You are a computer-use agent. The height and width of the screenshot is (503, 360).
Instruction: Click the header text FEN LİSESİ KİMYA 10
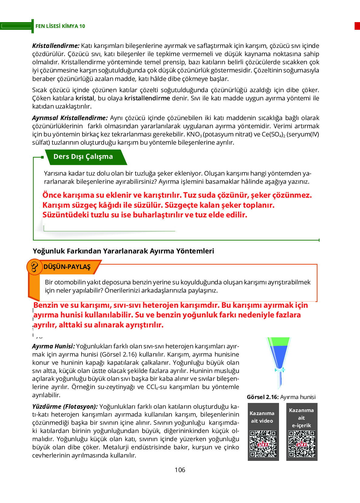point(60,26)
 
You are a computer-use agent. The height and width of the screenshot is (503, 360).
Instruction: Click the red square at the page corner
point(357,26)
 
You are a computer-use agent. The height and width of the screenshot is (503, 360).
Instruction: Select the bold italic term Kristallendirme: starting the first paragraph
point(56,46)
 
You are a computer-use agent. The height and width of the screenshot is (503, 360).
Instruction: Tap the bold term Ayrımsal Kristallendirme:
point(70,118)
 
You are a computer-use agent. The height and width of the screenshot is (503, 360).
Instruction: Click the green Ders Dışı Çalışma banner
point(83,157)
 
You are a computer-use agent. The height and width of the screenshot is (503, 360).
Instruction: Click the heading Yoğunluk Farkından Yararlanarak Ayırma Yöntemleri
point(123,251)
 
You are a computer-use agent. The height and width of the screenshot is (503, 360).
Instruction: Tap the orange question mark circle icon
point(34,267)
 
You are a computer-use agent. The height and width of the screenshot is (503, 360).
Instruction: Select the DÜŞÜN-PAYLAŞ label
point(67,267)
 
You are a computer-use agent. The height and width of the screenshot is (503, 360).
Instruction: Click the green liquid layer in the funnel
point(278,342)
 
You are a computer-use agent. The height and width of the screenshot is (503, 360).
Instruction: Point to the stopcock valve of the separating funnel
point(279,370)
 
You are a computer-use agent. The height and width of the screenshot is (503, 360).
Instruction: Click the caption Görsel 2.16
point(263,397)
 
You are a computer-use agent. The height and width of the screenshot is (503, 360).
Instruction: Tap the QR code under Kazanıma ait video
point(263,444)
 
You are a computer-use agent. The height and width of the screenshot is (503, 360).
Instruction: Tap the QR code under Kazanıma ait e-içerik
point(301,444)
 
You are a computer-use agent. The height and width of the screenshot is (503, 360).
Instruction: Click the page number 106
point(180,470)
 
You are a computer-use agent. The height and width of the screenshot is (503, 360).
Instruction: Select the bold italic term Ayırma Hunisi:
point(53,346)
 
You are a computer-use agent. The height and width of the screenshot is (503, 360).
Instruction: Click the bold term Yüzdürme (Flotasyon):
point(65,407)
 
